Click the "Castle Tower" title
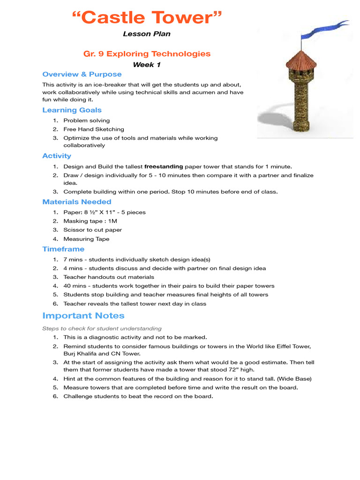click(147, 18)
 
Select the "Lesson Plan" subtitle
click(147, 34)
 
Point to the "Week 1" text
click(147, 65)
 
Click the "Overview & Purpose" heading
click(82, 74)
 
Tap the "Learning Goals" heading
click(72, 110)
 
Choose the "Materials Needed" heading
click(77, 202)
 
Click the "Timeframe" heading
click(63, 249)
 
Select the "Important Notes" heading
click(83, 315)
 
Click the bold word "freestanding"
click(164, 166)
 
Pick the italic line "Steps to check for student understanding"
click(102, 329)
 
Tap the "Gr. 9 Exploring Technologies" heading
click(147, 54)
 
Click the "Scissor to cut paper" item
click(92, 230)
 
